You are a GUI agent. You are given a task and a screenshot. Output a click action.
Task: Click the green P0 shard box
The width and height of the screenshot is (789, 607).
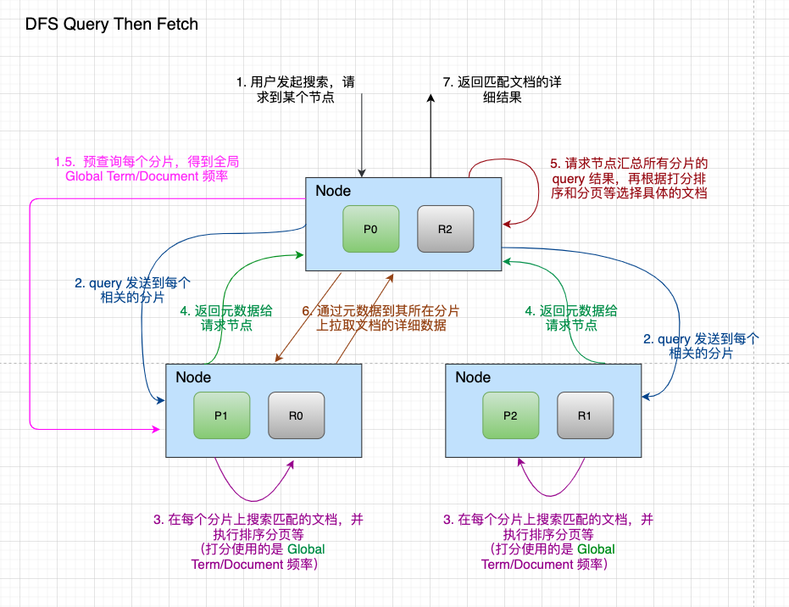[370, 228]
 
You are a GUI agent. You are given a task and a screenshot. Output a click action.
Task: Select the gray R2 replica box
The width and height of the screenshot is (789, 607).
[445, 228]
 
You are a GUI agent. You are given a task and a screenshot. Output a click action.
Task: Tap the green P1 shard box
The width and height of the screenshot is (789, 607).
[221, 415]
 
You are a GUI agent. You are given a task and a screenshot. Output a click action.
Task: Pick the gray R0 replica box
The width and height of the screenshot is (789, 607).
[296, 415]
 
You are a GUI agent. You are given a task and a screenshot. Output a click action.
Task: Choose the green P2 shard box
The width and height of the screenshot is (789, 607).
[510, 415]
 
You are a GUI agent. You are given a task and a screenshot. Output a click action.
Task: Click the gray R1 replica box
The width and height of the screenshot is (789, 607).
[585, 415]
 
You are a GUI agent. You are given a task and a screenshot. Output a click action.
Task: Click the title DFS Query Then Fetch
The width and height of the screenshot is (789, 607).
[112, 24]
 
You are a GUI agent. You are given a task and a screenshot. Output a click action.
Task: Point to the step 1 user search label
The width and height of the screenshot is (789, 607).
[295, 90]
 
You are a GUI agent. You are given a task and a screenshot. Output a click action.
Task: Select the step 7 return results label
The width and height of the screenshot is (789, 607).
[502, 90]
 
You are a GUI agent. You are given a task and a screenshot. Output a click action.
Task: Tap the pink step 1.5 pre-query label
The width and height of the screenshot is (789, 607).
[147, 169]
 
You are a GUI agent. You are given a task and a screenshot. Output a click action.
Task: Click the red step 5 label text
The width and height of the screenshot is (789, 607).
[629, 177]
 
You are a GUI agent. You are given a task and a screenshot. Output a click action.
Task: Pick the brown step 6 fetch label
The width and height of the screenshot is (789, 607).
[381, 318]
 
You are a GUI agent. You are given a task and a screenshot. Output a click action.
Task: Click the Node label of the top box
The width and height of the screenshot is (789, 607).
[333, 192]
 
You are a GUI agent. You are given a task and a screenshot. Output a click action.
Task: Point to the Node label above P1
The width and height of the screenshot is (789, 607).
[193, 377]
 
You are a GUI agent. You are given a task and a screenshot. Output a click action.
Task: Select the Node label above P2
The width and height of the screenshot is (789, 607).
[473, 377]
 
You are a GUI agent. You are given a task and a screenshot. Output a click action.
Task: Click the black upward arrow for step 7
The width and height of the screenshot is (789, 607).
[431, 136]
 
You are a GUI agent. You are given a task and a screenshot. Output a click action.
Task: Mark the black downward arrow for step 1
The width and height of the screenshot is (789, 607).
[362, 136]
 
